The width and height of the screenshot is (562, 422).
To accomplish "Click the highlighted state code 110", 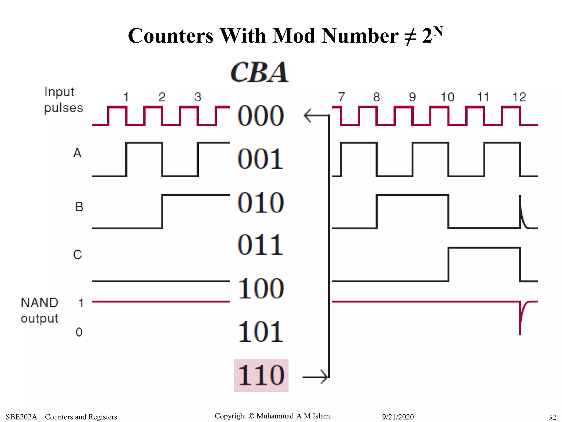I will coord(261,375).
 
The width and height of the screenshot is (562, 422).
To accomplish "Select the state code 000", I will coord(260,115).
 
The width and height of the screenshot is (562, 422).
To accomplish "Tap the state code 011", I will coord(260,245).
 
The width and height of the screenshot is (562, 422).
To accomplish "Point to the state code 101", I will coord(260,332).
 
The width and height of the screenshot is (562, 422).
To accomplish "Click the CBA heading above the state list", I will coord(259,72).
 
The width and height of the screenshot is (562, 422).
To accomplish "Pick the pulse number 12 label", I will coord(519,97).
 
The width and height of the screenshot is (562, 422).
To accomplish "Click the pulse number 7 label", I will coord(341,97).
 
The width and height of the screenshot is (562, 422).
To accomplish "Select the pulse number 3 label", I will coord(198,97).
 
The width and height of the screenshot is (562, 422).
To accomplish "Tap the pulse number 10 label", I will coord(447,97).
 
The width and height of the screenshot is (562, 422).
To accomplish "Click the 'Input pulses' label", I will coord(63,100).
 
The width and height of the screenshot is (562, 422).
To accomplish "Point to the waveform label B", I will coord(79,207).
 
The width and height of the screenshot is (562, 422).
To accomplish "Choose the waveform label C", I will coord(78,254).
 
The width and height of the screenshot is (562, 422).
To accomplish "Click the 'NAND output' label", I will coord(40,310).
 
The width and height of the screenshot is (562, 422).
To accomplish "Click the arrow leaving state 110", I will coord(316,377).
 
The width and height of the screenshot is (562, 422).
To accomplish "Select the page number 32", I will coord(552,417).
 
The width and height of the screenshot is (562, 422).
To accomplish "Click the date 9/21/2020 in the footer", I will coord(398,417).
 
